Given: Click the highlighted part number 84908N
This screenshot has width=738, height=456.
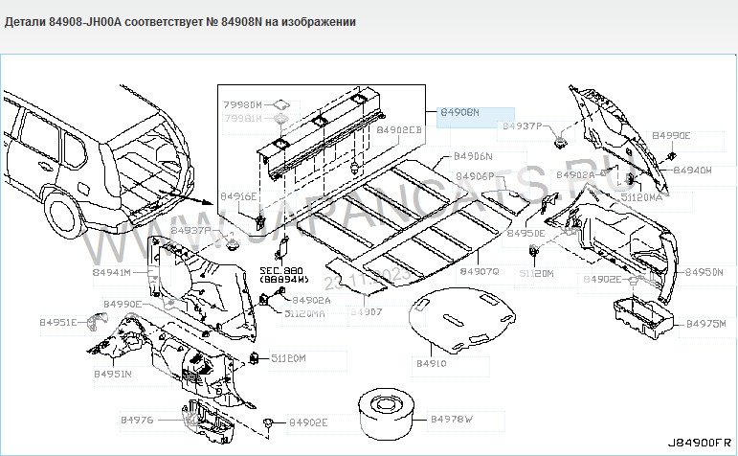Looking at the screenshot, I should click(x=460, y=113).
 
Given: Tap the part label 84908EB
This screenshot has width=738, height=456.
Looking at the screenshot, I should click(x=399, y=129).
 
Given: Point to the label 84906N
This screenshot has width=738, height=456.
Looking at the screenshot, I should click(x=473, y=156).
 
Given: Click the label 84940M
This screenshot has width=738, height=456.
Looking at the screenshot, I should click(x=692, y=170).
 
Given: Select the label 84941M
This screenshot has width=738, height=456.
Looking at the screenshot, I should click(x=112, y=273).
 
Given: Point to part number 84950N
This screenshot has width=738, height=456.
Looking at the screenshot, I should click(x=704, y=273).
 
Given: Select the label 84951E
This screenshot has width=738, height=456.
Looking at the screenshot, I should click(x=58, y=323).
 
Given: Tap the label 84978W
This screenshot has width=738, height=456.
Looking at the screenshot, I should click(x=452, y=420).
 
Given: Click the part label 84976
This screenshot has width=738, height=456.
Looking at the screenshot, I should click(x=137, y=420).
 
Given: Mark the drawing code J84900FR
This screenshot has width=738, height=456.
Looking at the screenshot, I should click(x=698, y=444).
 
